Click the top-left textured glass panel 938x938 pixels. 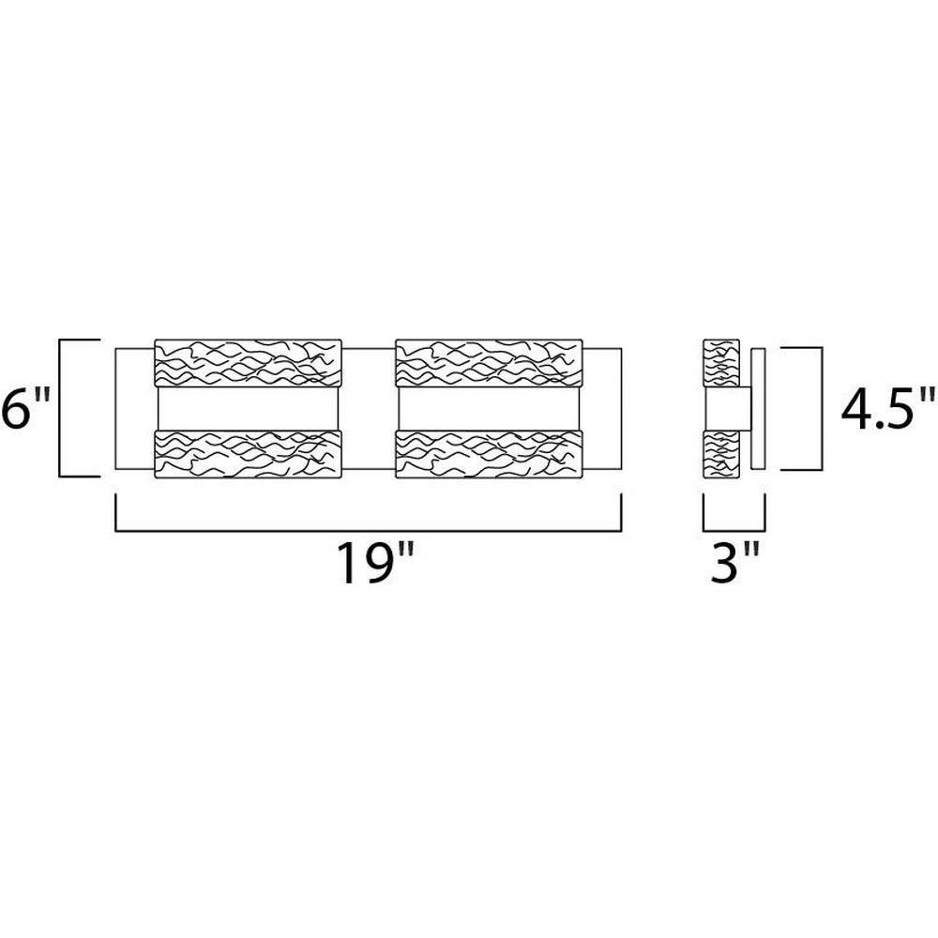(x=248, y=364)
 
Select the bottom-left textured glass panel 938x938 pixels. (x=248, y=454)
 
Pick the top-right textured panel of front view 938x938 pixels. (x=489, y=364)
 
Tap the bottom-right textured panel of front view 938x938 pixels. (x=489, y=454)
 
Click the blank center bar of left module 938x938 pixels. (x=248, y=409)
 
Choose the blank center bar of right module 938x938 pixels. (x=489, y=409)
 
